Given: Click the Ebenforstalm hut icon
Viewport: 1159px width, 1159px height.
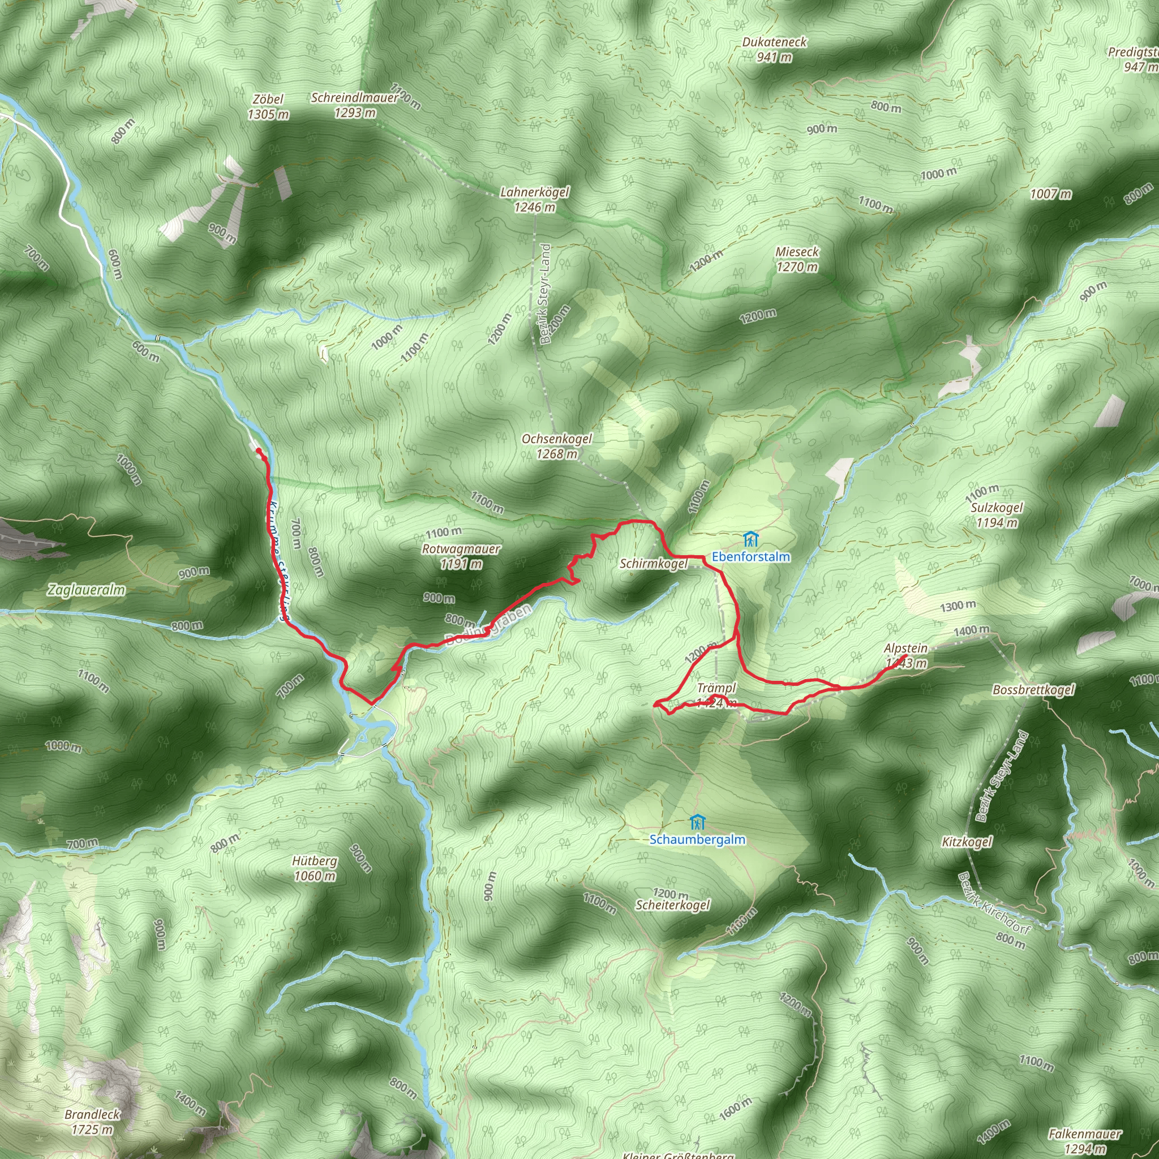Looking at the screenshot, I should (750, 539).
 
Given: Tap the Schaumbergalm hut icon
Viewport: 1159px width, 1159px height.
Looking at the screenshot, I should (697, 821).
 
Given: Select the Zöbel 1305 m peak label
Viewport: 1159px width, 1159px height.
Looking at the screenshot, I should (268, 107).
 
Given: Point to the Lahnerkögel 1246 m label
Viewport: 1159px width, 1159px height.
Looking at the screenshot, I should (534, 199).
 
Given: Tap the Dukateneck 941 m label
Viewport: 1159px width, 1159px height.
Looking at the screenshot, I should (775, 50).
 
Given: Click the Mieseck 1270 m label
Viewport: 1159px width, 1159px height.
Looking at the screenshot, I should (797, 259).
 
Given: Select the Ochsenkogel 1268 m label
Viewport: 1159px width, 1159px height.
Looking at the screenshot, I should (557, 447).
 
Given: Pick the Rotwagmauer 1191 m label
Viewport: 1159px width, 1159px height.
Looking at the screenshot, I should (461, 556).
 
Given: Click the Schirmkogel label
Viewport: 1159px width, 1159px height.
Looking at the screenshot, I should (653, 563).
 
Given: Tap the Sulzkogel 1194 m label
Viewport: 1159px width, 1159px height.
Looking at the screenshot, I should (997, 515).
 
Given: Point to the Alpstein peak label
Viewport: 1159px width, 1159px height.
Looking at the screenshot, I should (906, 649).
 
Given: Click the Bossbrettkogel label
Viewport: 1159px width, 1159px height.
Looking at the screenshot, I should (1033, 689).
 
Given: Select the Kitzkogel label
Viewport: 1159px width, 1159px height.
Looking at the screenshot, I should (967, 842).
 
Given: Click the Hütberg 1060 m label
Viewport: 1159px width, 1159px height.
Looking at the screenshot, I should (315, 868).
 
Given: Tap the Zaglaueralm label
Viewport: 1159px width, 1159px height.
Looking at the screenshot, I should (87, 590).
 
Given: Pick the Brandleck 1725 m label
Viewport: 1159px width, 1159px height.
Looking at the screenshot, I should (92, 1122).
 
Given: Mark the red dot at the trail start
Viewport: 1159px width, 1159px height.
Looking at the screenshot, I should (259, 450).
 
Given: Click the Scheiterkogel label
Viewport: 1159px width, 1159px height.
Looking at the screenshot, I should (672, 905).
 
